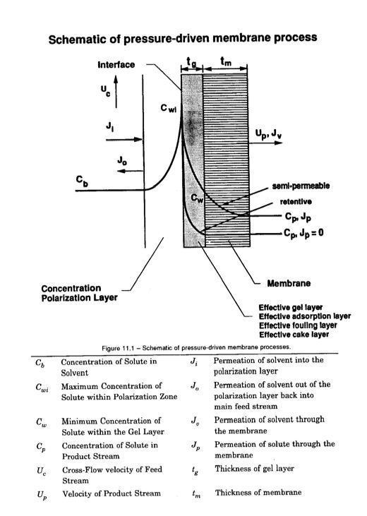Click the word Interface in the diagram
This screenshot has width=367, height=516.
point(116,64)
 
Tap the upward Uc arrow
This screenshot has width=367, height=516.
point(116,92)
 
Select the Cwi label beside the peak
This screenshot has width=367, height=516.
point(169,108)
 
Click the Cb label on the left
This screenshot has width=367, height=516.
point(82,181)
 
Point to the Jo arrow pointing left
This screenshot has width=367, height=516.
point(130,171)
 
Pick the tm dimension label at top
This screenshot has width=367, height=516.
point(226,61)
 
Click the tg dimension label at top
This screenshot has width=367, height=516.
point(191,62)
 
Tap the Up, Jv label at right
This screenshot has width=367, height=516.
point(268,133)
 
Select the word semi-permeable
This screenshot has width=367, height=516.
point(301,186)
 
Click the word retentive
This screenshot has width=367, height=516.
point(296,201)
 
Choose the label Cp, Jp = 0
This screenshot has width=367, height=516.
point(303,233)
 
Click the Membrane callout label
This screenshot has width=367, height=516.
point(289,283)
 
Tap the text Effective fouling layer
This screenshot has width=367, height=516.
point(298,325)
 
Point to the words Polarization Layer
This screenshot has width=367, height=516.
point(79,298)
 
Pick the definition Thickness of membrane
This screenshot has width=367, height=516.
point(258,492)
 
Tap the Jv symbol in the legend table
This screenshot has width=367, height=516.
point(195,421)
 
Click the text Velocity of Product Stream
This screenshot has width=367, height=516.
point(112,493)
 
